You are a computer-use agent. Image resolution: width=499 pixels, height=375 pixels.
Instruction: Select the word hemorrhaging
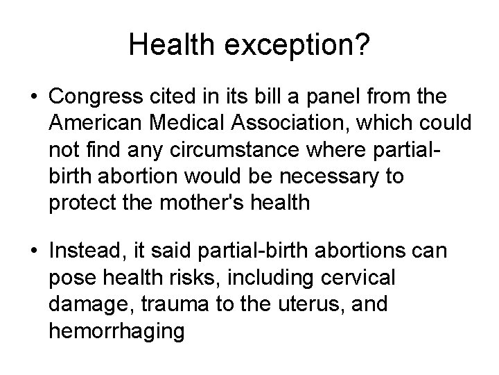pos(117,331)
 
